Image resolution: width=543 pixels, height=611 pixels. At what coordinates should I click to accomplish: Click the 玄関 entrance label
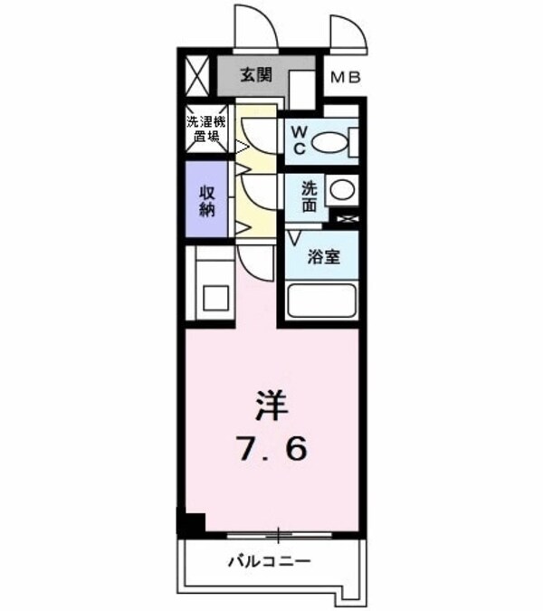pyautogui.click(x=255, y=76)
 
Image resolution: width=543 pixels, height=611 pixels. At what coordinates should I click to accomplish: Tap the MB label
pyautogui.click(x=345, y=78)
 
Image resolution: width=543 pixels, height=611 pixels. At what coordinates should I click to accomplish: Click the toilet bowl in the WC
pyautogui.click(x=334, y=142)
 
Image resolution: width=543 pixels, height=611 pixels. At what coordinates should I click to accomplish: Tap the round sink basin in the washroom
pyautogui.click(x=341, y=191)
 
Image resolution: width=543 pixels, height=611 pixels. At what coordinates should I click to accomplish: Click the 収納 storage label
pyautogui.click(x=205, y=199)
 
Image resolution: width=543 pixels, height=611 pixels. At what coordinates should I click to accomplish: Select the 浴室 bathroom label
pyautogui.click(x=323, y=256)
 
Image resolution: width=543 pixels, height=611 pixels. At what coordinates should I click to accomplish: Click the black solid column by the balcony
pyautogui.click(x=192, y=523)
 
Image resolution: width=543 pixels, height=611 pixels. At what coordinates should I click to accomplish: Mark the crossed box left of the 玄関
pyautogui.click(x=197, y=75)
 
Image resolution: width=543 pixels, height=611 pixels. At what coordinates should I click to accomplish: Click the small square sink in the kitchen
pyautogui.click(x=215, y=297)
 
